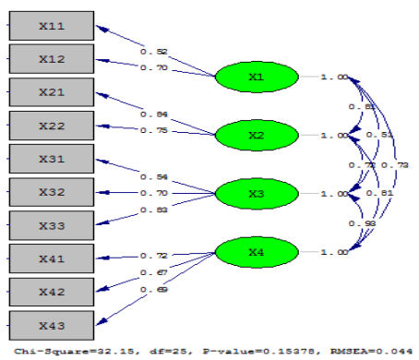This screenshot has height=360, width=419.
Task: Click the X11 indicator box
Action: [x=51, y=27]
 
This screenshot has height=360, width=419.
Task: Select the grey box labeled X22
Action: [x=51, y=126]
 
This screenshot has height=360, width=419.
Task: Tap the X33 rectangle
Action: [x=51, y=225]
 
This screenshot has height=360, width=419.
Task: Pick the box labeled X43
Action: [x=51, y=324]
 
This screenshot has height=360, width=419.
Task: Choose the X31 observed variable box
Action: [x=51, y=159]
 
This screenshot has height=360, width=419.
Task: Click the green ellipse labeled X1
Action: [x=256, y=77]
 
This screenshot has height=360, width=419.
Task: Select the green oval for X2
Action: [x=256, y=136]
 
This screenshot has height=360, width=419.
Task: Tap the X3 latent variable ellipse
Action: [x=256, y=194]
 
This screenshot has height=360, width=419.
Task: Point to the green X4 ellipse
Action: [x=256, y=252]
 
